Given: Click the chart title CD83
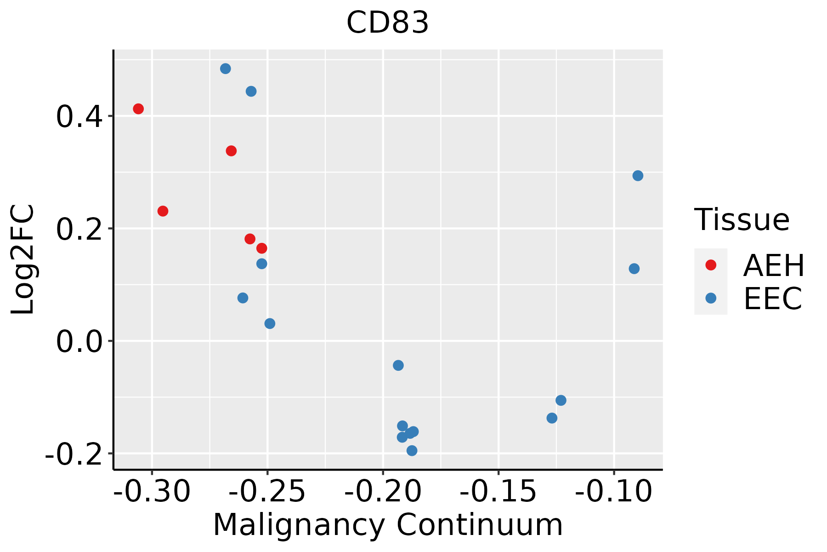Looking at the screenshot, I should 388,23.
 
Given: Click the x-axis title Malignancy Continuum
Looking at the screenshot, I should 388,525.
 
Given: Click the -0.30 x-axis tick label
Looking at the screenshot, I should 152,491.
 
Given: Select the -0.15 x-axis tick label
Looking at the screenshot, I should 498,491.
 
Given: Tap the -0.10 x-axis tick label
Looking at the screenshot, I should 613,491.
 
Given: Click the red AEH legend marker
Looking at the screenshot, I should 711,265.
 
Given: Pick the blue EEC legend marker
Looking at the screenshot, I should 711,298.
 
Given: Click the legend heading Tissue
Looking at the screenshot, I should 742,220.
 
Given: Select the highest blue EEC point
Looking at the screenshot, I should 225,69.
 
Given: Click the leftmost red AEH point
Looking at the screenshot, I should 138,109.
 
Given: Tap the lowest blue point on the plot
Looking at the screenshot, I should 412,450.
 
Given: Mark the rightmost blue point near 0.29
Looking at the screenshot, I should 638,176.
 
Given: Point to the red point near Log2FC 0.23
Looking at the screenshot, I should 163,211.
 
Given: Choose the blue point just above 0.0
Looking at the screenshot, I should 270,323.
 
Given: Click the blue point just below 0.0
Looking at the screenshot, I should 398,365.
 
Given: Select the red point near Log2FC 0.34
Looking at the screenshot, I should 231,151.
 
